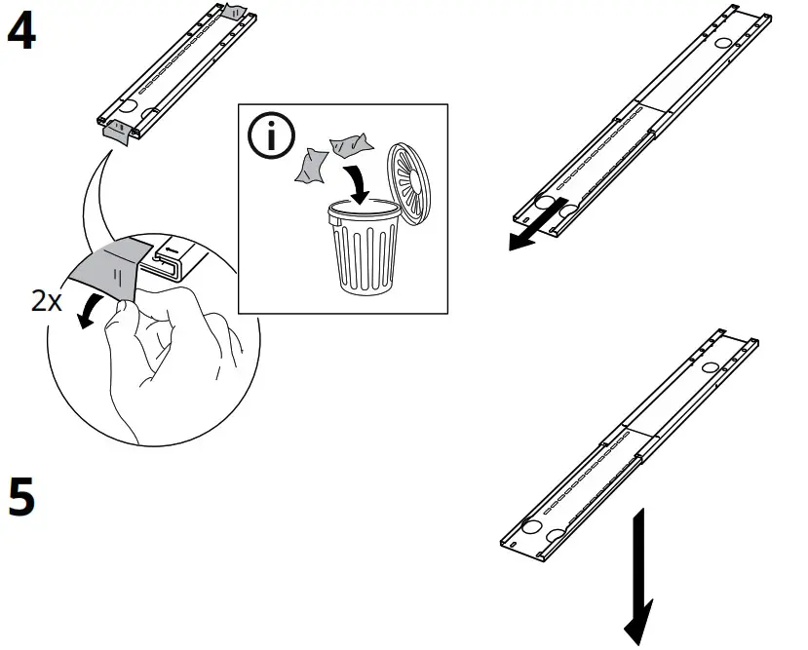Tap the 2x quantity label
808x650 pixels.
point(46,301)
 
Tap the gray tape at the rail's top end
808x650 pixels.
point(235,12)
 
